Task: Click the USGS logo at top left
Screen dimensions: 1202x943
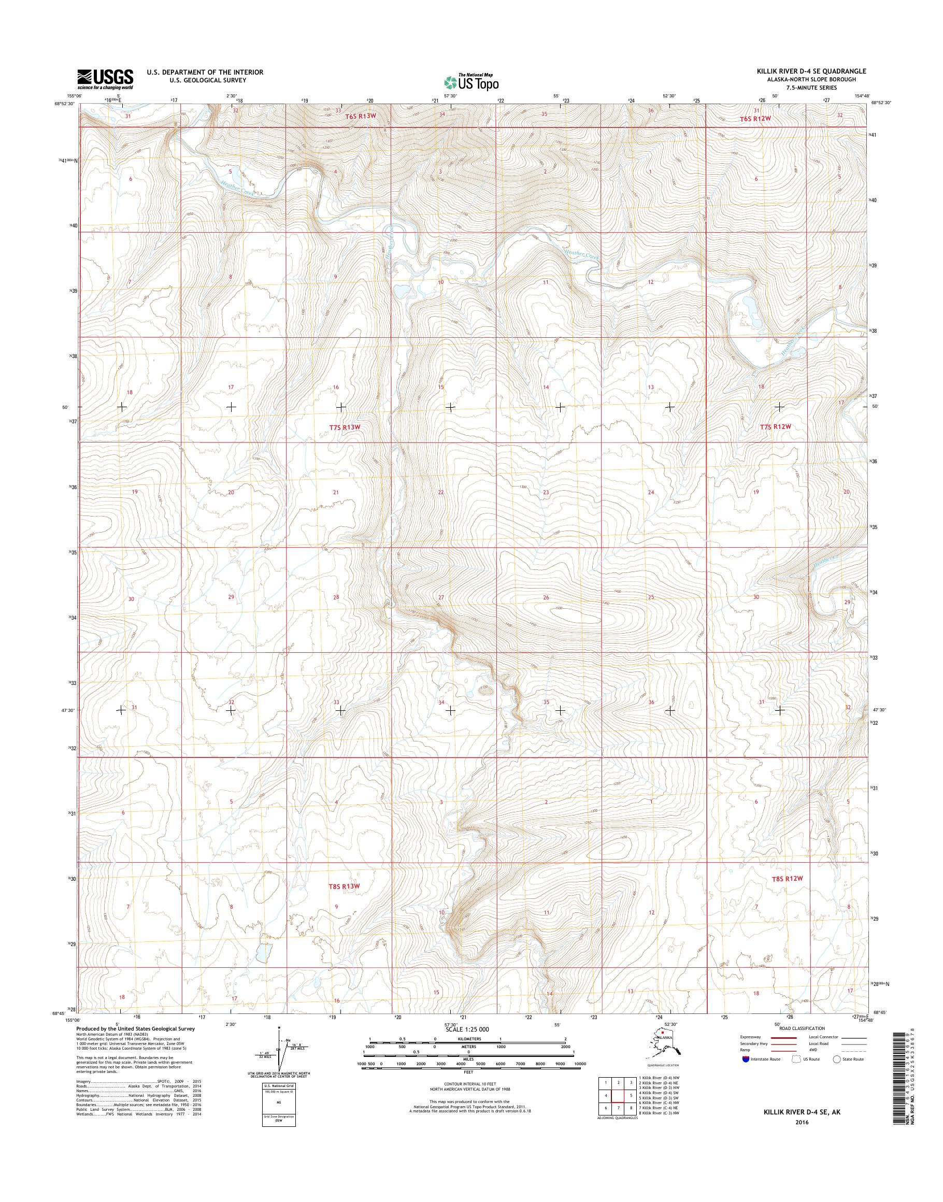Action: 105,78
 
